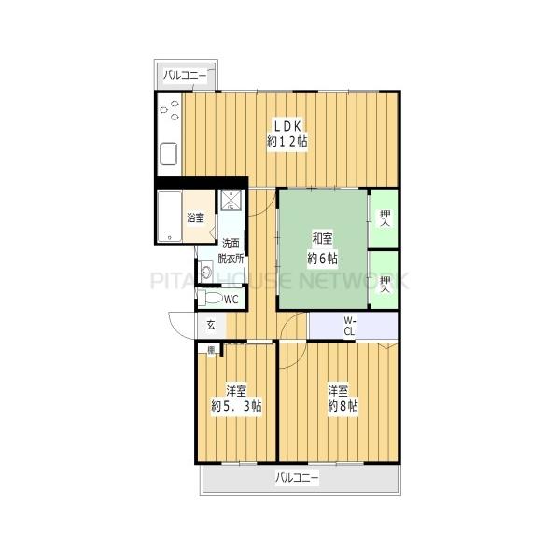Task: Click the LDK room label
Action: click(287, 126)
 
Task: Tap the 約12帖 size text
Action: click(287, 142)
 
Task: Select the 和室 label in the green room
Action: click(323, 239)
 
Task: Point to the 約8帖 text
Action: click(343, 406)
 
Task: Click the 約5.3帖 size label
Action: click(236, 406)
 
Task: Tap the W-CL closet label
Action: click(349, 326)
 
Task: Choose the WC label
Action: click(231, 300)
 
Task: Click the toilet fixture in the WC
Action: click(210, 298)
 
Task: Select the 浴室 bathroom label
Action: click(196, 217)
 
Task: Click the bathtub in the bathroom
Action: click(170, 217)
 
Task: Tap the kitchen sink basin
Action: click(169, 154)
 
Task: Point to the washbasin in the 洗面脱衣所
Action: click(206, 273)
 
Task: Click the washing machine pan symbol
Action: click(231, 201)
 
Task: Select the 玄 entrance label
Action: click(211, 326)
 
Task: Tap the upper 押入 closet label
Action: click(385, 217)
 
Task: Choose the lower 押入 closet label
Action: click(385, 285)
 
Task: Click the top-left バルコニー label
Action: click(185, 76)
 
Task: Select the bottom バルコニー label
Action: click(297, 478)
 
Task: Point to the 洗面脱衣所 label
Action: click(231, 251)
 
